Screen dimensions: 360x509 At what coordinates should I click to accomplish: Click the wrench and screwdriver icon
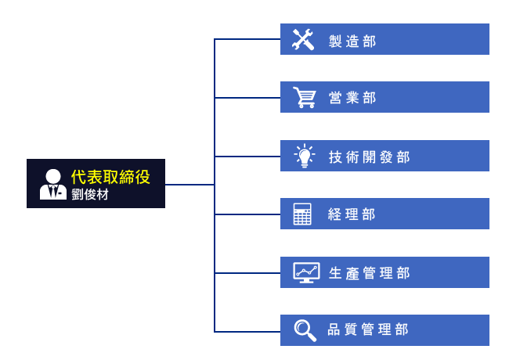click(303, 39)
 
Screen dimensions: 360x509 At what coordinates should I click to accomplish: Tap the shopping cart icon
click(303, 98)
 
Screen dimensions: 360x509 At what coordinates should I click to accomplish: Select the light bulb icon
click(303, 156)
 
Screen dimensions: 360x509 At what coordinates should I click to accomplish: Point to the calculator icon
click(303, 214)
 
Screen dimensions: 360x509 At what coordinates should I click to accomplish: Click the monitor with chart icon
click(305, 272)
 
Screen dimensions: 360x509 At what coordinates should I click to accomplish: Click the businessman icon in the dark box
click(52, 184)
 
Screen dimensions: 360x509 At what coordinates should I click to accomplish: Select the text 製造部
click(353, 41)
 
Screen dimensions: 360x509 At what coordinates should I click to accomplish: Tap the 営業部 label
click(353, 99)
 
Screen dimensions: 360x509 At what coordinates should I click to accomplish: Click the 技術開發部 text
click(369, 157)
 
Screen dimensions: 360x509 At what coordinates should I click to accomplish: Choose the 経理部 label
click(353, 214)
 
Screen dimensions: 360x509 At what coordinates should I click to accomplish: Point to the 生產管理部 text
click(369, 273)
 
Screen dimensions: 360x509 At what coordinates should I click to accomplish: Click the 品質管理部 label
click(369, 331)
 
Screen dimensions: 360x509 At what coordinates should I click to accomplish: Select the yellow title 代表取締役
click(110, 177)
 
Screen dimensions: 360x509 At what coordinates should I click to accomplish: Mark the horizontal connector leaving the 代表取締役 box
click(190, 185)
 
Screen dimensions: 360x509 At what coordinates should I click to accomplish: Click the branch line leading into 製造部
click(247, 39)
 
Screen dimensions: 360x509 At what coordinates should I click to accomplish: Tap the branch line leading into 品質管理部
click(247, 331)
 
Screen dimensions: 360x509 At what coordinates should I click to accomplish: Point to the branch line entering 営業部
click(247, 98)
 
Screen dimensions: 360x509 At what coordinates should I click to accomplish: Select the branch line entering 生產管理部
click(247, 272)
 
